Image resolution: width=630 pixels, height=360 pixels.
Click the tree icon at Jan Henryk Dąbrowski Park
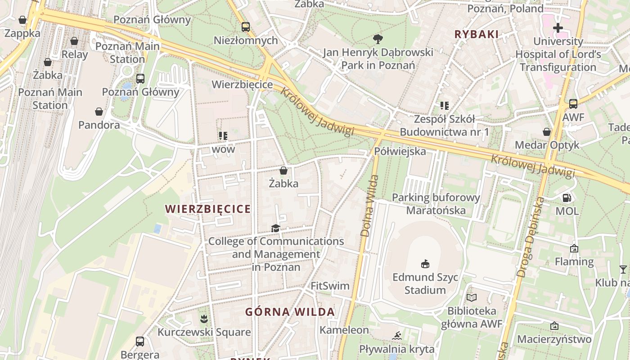378,39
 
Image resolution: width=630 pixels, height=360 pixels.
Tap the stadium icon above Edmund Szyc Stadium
425,264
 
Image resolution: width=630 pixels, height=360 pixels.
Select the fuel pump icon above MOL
567,198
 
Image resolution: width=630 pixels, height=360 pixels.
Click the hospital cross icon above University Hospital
558,28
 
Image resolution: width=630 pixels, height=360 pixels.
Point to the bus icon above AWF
573,104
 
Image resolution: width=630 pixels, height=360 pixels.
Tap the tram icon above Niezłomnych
245,27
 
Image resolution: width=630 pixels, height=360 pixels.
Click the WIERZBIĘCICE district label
207,209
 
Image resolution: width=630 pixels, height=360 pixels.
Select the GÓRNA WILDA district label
290,312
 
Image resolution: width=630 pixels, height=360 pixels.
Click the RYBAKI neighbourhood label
477,34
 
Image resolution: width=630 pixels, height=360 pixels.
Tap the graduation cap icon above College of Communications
275,229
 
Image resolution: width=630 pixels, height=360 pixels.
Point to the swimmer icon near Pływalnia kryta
396,336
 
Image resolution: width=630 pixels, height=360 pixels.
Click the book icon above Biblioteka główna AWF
471,297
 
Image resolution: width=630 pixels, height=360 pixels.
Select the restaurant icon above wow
223,135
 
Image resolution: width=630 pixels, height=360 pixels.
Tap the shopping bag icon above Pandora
99,112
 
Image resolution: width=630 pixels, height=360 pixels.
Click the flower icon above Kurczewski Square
204,319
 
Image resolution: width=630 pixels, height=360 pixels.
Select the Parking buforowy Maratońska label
436,204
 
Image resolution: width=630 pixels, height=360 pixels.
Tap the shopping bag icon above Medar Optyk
547,132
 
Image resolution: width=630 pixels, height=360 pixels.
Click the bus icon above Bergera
140,341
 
